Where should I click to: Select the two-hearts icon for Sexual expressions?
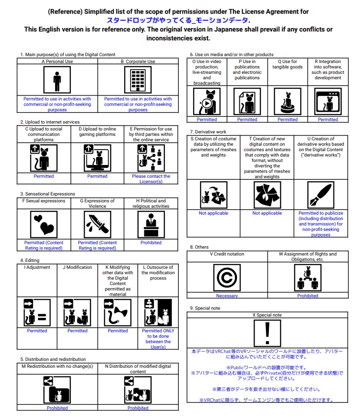coord(44,225)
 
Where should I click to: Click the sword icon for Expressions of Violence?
coord(98,225)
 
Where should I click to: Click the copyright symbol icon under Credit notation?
coord(227,278)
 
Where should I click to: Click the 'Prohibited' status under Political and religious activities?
coord(151,243)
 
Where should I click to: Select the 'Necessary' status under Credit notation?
coord(227,296)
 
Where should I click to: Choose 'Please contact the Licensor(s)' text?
coord(151,179)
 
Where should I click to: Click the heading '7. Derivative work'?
coord(208,132)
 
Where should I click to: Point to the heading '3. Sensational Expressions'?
coord(48,194)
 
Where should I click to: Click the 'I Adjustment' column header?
coord(37,267)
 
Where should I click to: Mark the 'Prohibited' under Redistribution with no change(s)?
coord(57,408)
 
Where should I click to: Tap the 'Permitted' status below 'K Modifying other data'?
coord(118,331)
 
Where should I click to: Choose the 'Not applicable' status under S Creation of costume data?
coord(214,213)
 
